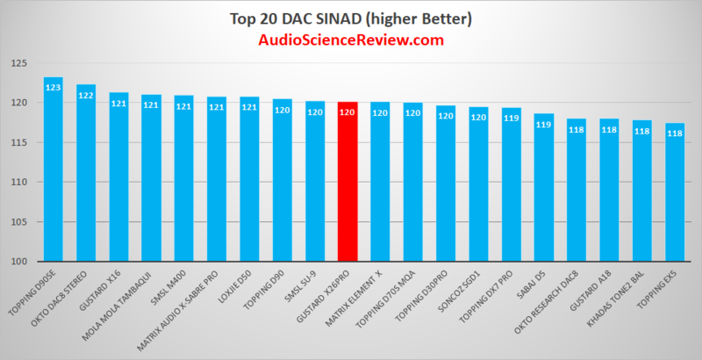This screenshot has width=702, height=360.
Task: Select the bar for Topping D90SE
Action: tap(54, 176)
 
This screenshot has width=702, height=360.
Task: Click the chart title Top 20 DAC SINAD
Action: tap(351, 18)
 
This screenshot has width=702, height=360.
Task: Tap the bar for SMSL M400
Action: tap(184, 184)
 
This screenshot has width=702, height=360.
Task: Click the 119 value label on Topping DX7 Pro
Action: tap(512, 118)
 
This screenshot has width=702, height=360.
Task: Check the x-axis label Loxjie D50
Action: tap(236, 285)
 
